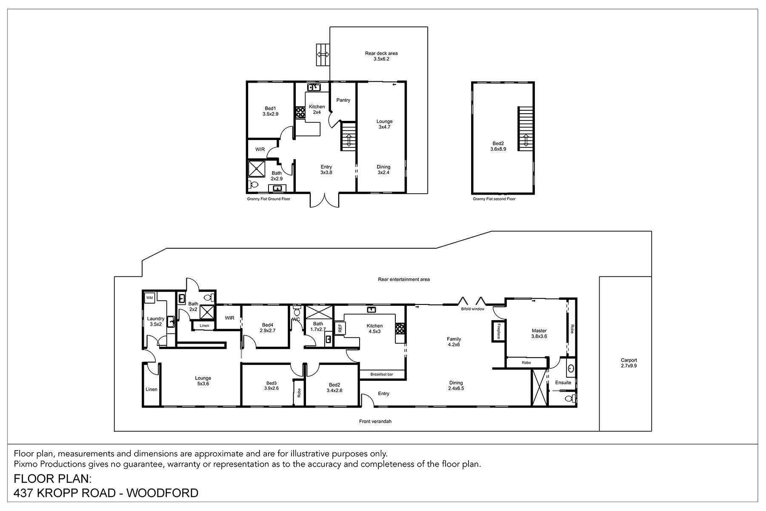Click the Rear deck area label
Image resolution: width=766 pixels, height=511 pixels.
[381, 56]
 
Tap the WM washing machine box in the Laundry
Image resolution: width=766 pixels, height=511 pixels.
[149, 298]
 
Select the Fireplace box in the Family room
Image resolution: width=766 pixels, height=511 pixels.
[496, 331]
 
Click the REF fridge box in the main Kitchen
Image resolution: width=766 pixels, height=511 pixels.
[340, 328]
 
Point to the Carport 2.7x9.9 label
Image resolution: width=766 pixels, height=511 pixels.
[629, 363]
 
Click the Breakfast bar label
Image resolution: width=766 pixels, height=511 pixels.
[381, 374]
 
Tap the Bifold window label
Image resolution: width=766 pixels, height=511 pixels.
[472, 309]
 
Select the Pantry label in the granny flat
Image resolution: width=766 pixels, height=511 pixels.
[343, 100]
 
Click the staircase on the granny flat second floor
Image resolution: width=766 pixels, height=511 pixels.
[525, 129]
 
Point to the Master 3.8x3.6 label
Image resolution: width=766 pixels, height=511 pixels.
[539, 333]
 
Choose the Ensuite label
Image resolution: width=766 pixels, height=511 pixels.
[563, 382]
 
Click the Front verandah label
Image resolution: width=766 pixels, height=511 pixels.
[375, 421]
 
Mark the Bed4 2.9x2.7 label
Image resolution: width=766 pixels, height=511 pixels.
[267, 327]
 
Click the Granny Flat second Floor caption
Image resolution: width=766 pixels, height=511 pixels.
[494, 199]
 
